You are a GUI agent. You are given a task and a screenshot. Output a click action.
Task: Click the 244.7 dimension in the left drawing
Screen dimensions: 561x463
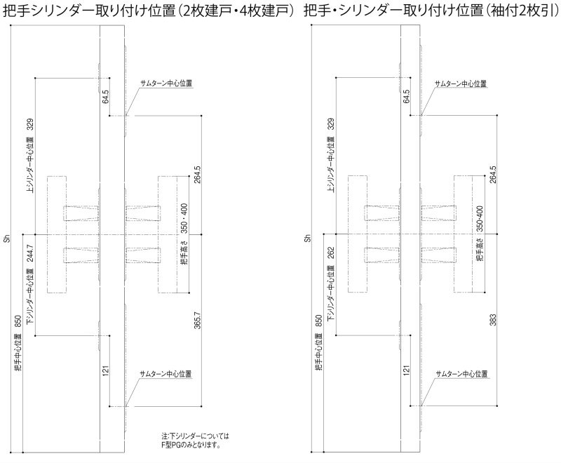30,253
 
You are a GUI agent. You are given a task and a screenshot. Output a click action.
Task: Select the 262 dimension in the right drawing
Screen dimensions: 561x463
331,253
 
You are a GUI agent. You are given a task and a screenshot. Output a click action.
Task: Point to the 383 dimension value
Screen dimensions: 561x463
493,320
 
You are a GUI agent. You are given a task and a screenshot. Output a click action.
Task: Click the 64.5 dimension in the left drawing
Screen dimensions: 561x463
105,96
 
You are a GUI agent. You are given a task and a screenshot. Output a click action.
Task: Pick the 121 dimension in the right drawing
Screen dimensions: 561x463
406,370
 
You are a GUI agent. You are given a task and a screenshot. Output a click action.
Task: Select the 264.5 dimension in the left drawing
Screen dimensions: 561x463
197,174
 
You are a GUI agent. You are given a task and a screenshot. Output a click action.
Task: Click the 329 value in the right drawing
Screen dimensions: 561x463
331,124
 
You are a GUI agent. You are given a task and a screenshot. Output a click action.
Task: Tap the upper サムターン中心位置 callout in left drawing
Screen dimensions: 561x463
166,83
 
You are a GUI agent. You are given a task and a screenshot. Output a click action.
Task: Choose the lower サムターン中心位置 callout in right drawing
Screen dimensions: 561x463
461,374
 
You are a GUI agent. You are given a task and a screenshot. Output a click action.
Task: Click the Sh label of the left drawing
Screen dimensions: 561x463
7,239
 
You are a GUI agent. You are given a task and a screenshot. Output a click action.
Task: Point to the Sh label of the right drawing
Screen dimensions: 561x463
308,239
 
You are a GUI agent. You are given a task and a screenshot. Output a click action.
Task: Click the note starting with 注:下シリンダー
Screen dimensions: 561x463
195,441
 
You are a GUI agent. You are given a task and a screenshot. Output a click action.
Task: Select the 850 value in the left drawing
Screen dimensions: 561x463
18,321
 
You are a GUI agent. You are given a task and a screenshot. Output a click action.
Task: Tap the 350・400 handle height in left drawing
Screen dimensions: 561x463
184,218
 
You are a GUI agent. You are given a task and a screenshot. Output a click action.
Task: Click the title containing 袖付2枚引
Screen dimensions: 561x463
431,11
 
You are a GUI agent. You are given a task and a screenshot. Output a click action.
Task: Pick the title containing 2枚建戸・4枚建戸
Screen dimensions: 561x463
149,11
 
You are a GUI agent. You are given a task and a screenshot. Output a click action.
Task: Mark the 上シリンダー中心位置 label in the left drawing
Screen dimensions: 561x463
30,164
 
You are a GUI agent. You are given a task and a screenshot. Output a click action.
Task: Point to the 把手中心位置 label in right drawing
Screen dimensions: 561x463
319,351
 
